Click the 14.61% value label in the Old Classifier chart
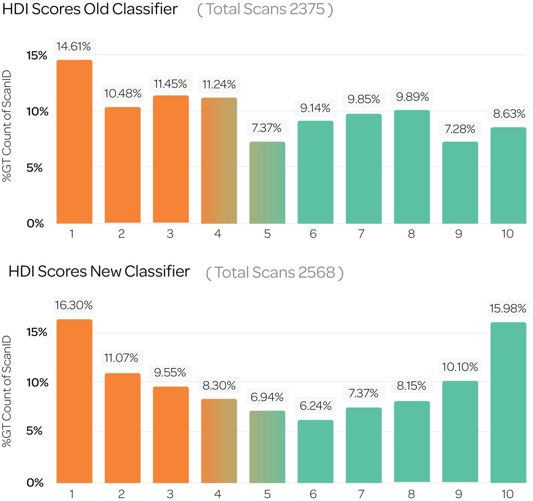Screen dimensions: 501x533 coord(74,46)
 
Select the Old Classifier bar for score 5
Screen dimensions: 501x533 coord(267,183)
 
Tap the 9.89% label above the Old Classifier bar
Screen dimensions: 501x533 coord(412,97)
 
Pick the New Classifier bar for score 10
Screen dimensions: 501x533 coord(508,402)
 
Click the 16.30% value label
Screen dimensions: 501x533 coord(74,305)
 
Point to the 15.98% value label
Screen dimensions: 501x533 coord(508,308)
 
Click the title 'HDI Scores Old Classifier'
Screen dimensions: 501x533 coord(90,9)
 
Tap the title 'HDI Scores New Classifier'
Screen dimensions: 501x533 coord(99,272)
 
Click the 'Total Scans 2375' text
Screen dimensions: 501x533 coord(265,9)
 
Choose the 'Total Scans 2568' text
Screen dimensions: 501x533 coord(275,273)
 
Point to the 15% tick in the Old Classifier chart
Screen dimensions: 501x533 coord(37,56)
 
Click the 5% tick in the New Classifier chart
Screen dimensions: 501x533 coord(35,431)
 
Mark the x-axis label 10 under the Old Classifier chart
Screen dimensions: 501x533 coord(508,234)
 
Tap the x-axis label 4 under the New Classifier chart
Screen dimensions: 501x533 coord(218,494)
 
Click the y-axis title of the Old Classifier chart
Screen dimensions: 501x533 coord(7,127)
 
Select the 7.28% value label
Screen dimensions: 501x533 coord(460,129)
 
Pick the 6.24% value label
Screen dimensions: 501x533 coord(315,406)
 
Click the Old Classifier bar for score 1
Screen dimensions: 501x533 coord(75,142)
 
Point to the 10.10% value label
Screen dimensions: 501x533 coord(460,367)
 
